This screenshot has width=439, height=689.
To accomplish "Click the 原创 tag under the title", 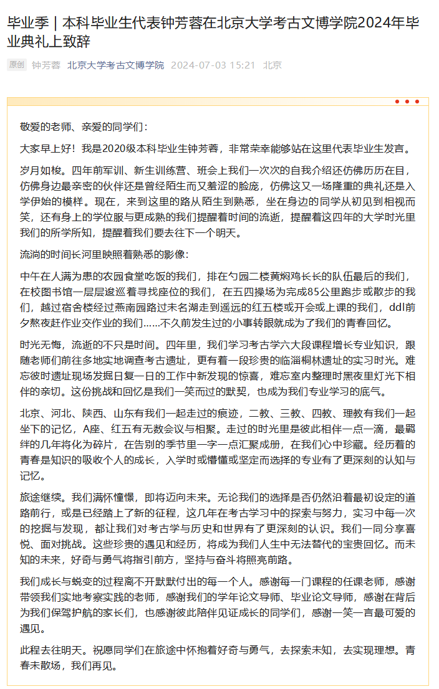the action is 17,65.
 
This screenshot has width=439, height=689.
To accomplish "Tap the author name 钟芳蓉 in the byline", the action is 46,65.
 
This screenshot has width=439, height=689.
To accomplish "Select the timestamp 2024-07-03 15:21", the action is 213,65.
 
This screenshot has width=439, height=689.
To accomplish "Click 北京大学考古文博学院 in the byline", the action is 115,65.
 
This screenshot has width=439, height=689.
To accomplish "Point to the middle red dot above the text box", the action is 407,102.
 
